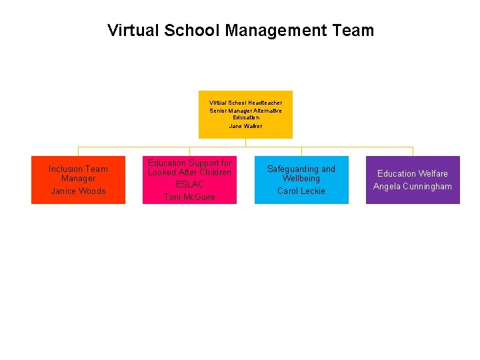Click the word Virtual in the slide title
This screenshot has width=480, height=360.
(133, 31)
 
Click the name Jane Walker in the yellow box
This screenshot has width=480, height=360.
(245, 126)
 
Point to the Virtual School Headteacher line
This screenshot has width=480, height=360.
(245, 103)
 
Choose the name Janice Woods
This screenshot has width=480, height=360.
(78, 191)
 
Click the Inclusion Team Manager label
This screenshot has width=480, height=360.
(78, 173)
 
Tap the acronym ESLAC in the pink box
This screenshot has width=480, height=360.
(189, 185)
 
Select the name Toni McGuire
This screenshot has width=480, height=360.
(189, 197)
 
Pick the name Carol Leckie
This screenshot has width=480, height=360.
(301, 191)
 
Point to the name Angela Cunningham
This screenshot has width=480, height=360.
(413, 187)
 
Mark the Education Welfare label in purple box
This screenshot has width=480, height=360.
(413, 174)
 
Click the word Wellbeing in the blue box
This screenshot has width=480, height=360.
(301, 179)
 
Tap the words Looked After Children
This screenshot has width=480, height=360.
(189, 173)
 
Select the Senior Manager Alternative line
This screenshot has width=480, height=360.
(245, 111)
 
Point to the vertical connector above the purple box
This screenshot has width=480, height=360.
(413, 151)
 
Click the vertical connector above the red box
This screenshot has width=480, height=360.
(78, 151)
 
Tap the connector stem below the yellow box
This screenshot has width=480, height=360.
(245, 143)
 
